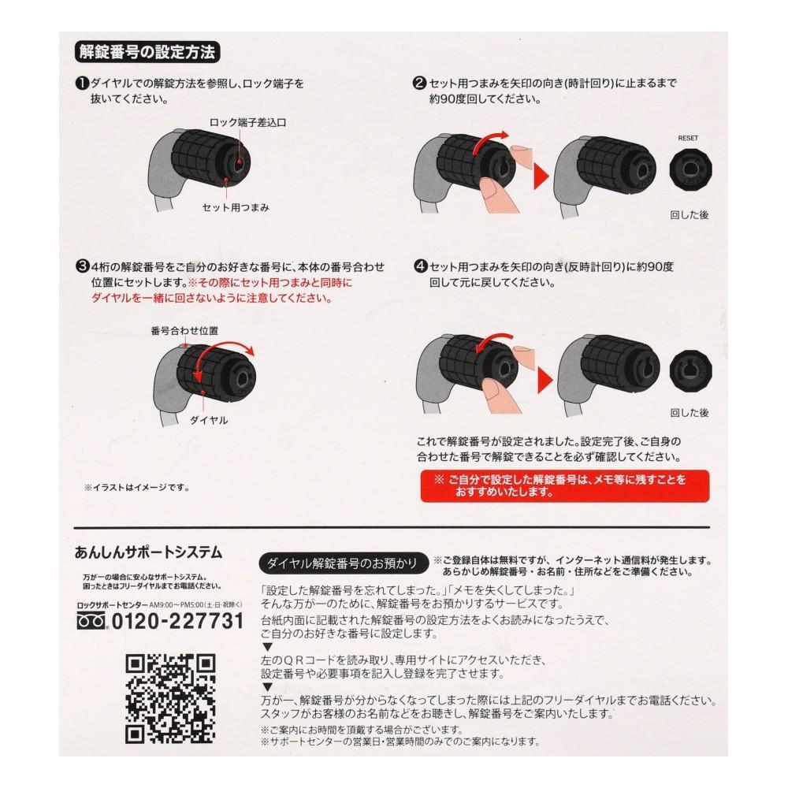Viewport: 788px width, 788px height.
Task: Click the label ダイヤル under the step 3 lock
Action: point(209,420)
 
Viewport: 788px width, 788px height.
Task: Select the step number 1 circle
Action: point(81,83)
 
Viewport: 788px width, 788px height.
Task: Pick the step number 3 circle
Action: point(81,266)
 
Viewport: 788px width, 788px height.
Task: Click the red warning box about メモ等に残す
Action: point(564,487)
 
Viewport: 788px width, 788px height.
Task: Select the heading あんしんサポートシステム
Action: point(148,552)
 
